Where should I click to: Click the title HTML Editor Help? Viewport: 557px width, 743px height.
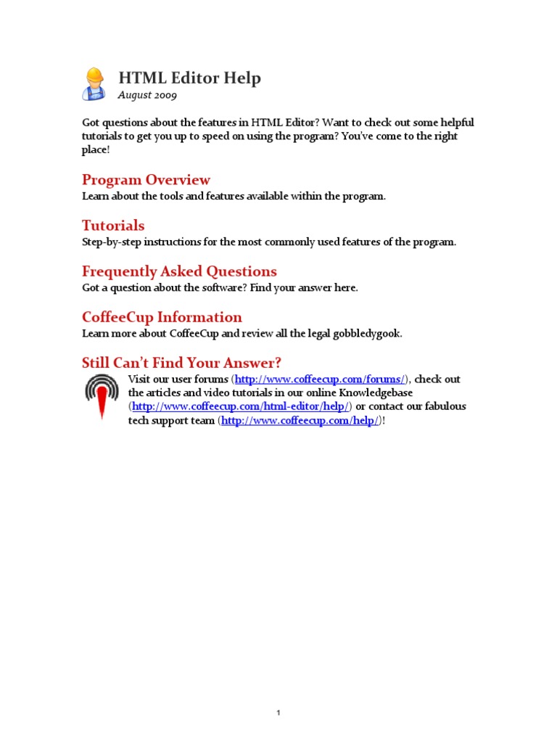[x=189, y=78]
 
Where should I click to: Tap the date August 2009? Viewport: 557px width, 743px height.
[x=147, y=95]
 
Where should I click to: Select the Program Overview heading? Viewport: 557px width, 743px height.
[x=146, y=180]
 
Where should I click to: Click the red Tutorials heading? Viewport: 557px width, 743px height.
[x=113, y=226]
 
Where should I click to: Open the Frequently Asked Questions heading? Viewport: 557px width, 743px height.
[x=179, y=271]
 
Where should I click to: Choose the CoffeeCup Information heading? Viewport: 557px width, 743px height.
[x=162, y=317]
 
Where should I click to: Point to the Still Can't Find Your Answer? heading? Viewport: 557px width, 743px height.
[x=181, y=363]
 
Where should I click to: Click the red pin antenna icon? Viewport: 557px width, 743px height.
[x=102, y=395]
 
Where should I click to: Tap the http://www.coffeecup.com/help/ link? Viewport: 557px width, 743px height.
[x=300, y=421]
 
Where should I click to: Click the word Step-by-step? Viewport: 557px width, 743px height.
[x=108, y=242]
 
